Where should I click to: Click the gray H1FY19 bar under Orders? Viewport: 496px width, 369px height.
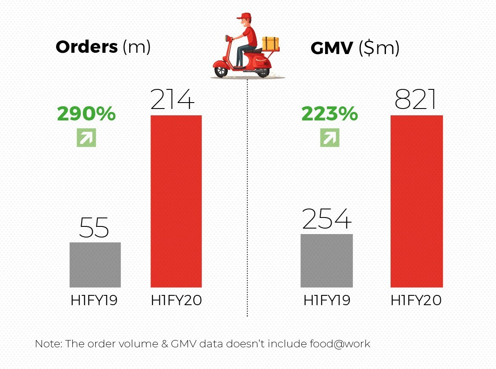[x=95, y=264]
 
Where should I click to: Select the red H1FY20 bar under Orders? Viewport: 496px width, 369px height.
[x=176, y=201]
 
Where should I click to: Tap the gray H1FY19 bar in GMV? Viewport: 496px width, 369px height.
[x=326, y=260]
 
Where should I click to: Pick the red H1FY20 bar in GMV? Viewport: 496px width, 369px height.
[x=417, y=201]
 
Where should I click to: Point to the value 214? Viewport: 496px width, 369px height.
[x=173, y=100]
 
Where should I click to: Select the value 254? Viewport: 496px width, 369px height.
[x=327, y=219]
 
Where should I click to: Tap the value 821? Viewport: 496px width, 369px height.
[x=416, y=100]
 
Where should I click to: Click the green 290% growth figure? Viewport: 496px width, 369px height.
[x=86, y=114]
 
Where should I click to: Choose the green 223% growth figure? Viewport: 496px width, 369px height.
[x=329, y=114]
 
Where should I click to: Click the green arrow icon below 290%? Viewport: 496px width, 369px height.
[x=86, y=137]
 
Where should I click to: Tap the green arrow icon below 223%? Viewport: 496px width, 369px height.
[x=330, y=137]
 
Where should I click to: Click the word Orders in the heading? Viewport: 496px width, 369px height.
[x=87, y=47]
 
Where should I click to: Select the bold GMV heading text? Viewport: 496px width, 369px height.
[x=332, y=49]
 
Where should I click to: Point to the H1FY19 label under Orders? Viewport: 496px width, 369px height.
[x=94, y=300]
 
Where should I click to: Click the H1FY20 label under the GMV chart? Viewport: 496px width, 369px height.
[x=416, y=300]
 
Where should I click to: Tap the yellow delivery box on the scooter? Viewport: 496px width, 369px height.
[x=270, y=43]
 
